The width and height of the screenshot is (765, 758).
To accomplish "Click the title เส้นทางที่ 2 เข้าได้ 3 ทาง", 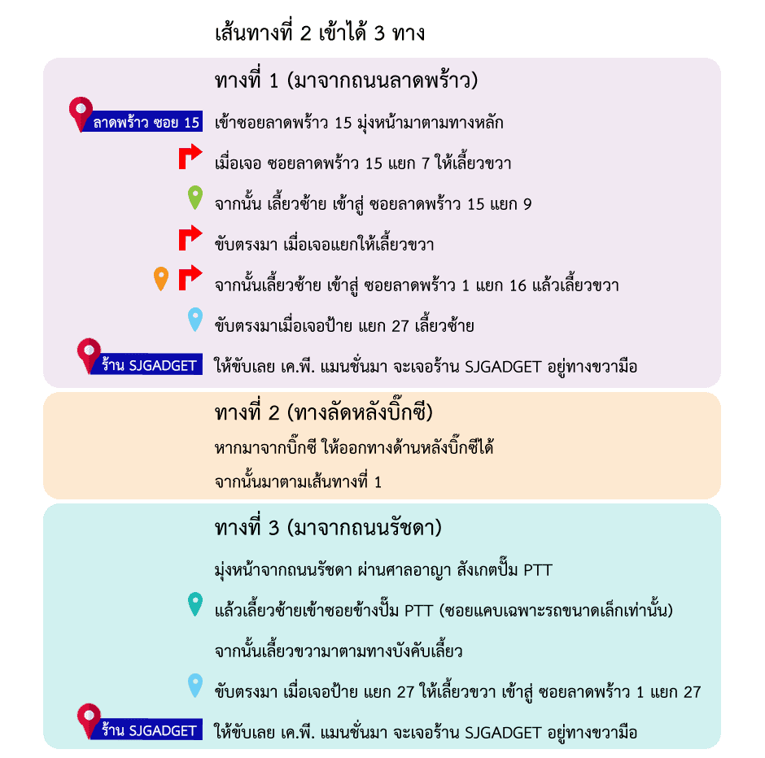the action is point(320,33).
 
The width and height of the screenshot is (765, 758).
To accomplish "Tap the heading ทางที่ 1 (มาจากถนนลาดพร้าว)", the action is point(346,80).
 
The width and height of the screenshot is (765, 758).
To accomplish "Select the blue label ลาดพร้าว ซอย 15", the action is point(142,121).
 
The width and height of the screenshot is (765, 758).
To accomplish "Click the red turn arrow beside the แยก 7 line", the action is point(190,156).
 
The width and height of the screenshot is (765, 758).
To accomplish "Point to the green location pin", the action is point(195,197).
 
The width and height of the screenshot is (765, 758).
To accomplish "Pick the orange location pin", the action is point(161,278).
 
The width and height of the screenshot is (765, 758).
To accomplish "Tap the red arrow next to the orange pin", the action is point(190,277).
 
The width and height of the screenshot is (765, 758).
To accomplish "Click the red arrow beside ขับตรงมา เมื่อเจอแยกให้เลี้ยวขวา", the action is point(190,237).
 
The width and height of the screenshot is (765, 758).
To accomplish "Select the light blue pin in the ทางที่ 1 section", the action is point(195,319).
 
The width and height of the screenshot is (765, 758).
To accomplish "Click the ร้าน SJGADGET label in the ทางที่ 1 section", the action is point(146,364).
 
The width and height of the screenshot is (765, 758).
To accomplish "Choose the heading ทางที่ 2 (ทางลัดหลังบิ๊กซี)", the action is point(323,412).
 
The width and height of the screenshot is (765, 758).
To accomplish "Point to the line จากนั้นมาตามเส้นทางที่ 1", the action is point(298,481).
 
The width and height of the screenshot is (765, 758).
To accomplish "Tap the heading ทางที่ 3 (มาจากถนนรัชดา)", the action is point(328,527).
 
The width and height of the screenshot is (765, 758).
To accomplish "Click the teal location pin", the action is point(195,603).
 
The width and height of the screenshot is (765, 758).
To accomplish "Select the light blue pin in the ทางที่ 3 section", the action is point(195,684).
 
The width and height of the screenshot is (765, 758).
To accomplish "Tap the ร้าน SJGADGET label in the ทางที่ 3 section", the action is point(146,730).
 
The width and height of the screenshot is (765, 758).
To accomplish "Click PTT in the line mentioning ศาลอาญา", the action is point(538,570).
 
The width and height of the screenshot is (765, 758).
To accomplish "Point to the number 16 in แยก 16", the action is point(518,285).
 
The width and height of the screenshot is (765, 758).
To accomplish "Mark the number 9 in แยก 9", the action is point(527,204).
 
